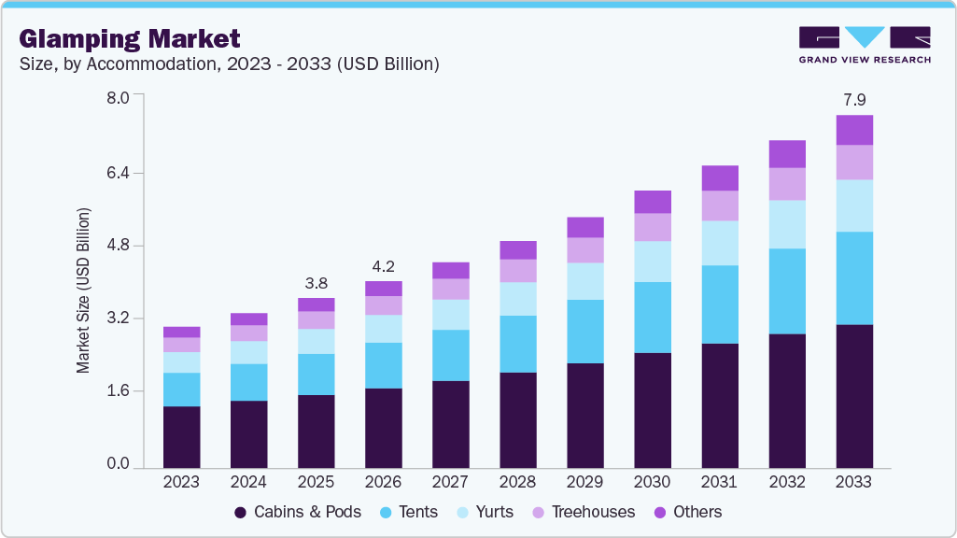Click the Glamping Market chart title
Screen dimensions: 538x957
pyautogui.click(x=130, y=39)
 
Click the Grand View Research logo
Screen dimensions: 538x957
pyautogui.click(x=864, y=44)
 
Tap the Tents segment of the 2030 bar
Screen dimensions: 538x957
pyautogui.click(x=653, y=318)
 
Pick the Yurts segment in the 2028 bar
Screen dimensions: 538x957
pyautogui.click(x=518, y=299)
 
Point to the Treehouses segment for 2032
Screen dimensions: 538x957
pyautogui.click(x=787, y=184)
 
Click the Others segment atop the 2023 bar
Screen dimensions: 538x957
pyautogui.click(x=181, y=332)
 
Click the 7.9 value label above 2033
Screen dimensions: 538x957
pyautogui.click(x=854, y=100)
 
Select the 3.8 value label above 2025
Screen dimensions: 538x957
pyautogui.click(x=316, y=283)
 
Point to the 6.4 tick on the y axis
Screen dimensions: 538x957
pyautogui.click(x=119, y=173)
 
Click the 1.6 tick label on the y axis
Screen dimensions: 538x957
pyautogui.click(x=119, y=391)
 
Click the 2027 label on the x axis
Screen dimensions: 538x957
pyautogui.click(x=450, y=482)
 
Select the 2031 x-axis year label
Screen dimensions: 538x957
pyautogui.click(x=720, y=482)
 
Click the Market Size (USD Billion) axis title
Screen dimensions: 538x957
pyautogui.click(x=84, y=290)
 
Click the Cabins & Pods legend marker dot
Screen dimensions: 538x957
pyautogui.click(x=241, y=512)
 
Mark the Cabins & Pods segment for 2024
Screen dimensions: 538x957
pyautogui.click(x=248, y=433)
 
